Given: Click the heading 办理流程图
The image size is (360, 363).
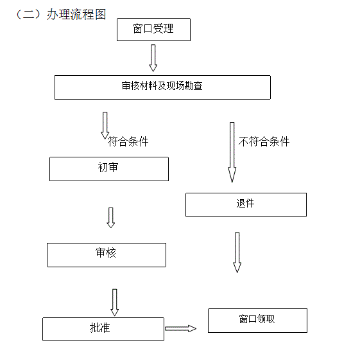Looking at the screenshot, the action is [x=76, y=14].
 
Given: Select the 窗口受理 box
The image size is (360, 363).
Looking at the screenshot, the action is [x=153, y=30].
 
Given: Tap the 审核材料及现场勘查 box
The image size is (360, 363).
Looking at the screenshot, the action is [x=162, y=87].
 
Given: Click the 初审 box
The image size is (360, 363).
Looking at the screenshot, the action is [x=109, y=169].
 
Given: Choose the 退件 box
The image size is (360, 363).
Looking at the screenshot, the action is [x=246, y=205].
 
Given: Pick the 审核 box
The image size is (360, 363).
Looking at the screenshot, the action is [x=107, y=255].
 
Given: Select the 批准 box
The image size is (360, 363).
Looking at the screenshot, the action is [x=103, y=329].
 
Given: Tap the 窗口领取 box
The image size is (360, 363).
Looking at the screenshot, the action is [x=257, y=321].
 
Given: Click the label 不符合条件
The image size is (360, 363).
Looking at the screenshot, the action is [x=264, y=141].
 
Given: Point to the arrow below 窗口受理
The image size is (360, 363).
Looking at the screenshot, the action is [x=153, y=58].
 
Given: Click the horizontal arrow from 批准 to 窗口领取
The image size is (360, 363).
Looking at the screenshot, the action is [x=180, y=328].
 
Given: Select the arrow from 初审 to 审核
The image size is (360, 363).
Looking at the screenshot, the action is [x=111, y=218].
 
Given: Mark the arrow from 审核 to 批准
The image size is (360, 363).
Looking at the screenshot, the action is [x=114, y=303].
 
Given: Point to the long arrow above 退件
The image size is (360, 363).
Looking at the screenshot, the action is [x=232, y=152].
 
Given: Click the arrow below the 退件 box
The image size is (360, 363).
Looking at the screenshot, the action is [x=237, y=252].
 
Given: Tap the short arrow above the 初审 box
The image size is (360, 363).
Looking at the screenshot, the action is [x=105, y=125].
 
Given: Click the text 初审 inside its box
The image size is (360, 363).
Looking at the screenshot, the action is [x=108, y=167].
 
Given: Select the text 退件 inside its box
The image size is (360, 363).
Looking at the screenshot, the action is [x=245, y=203].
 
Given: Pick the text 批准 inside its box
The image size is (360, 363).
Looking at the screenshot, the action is [x=100, y=328].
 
